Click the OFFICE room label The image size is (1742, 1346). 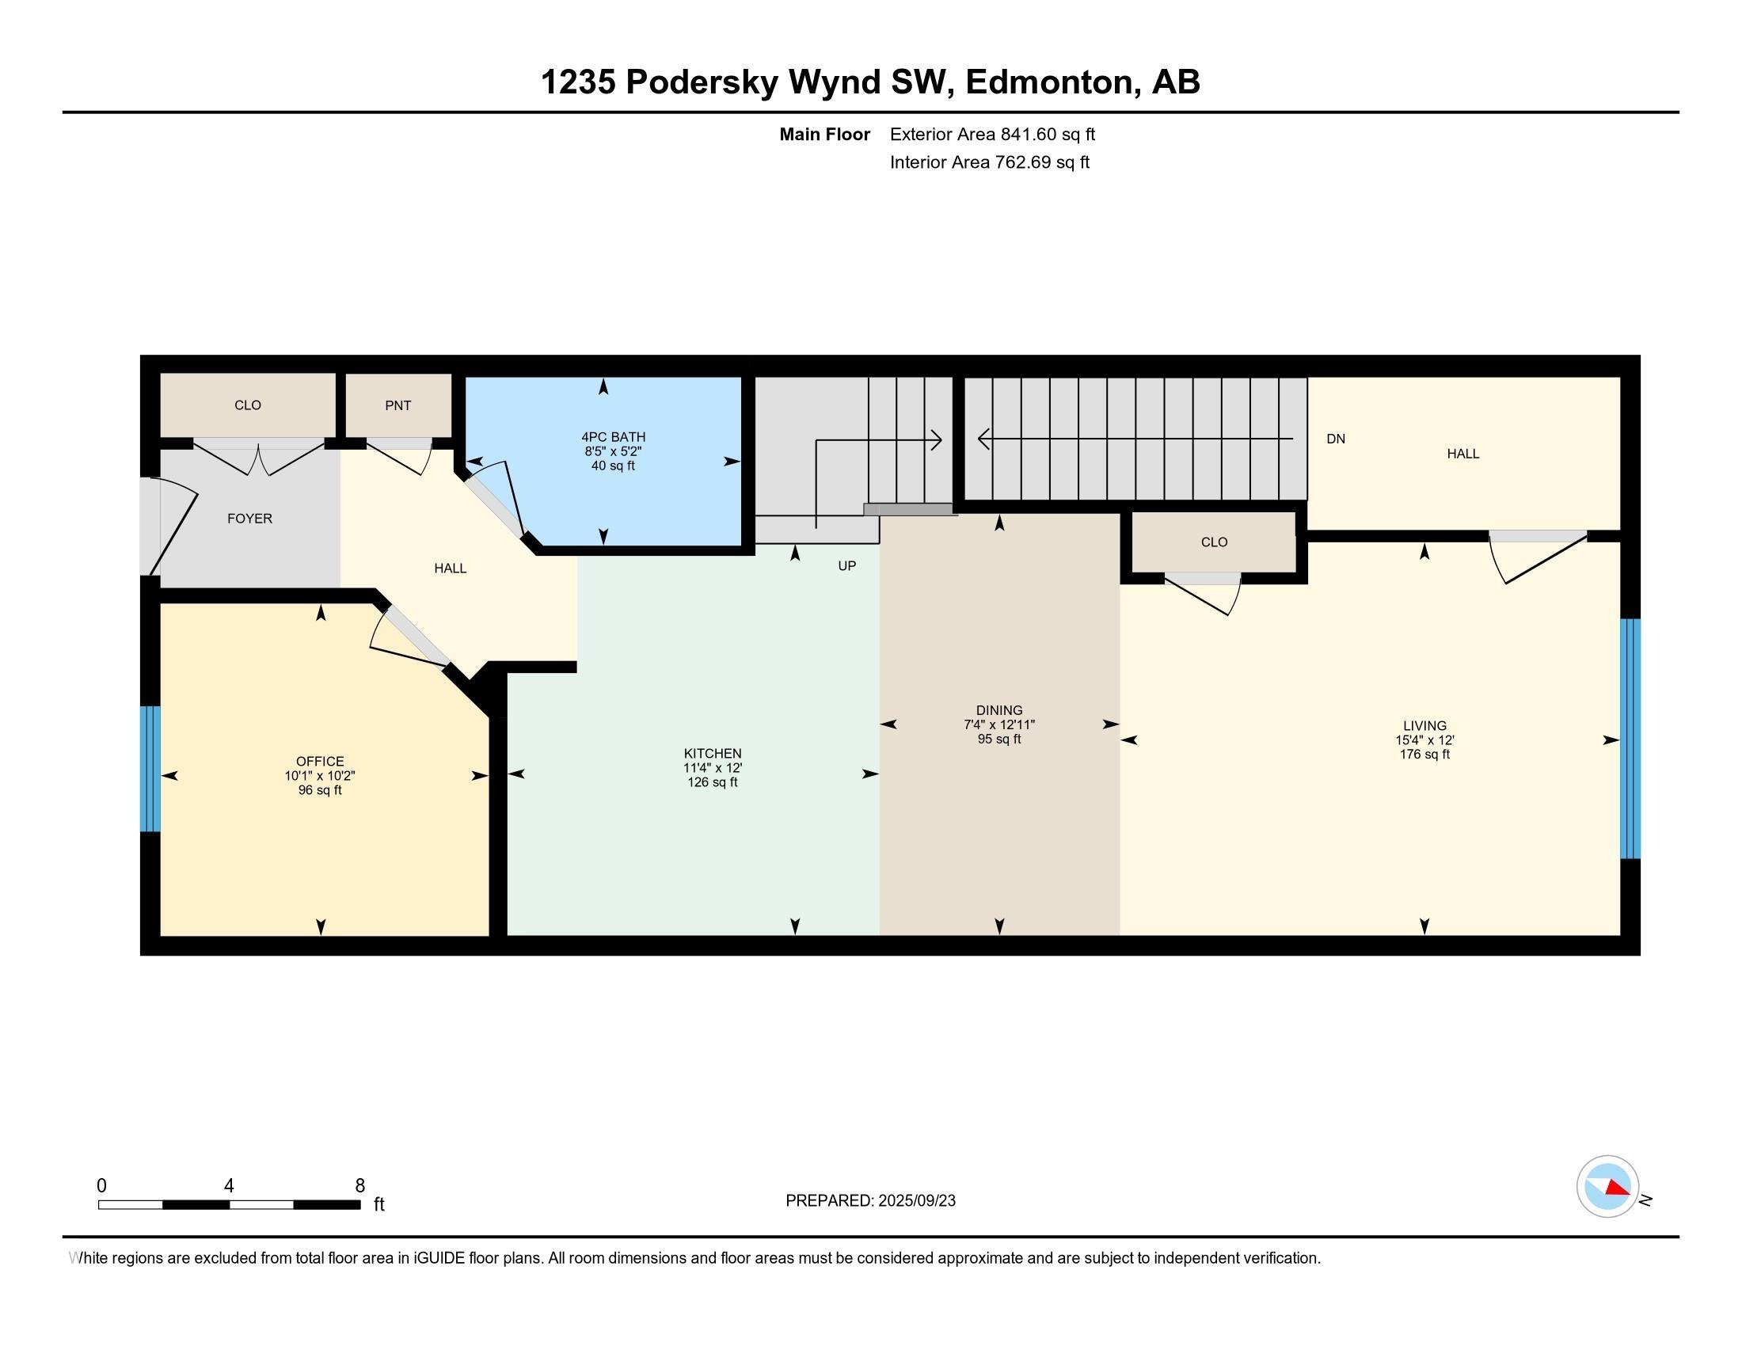[x=320, y=762]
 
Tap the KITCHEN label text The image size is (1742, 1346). [x=713, y=754]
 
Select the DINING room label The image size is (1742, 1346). [x=999, y=710]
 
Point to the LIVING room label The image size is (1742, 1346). [x=1424, y=725]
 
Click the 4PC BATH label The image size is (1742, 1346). [x=614, y=437]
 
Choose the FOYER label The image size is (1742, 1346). [x=249, y=519]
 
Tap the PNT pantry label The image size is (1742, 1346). [x=398, y=405]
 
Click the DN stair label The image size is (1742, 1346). [x=1336, y=439]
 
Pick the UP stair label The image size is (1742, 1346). [x=847, y=565]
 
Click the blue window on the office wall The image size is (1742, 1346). [x=150, y=769]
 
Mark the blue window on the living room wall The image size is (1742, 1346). [x=1630, y=739]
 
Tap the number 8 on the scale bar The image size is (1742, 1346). [x=359, y=1186]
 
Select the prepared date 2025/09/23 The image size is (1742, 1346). [x=916, y=1201]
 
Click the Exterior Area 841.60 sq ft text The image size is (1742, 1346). [x=992, y=135]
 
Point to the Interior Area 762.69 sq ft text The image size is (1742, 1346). [x=989, y=162]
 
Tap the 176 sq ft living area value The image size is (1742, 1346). [x=1424, y=755]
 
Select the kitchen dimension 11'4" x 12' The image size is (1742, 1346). [x=713, y=768]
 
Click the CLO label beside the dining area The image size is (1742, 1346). [x=1214, y=542]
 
